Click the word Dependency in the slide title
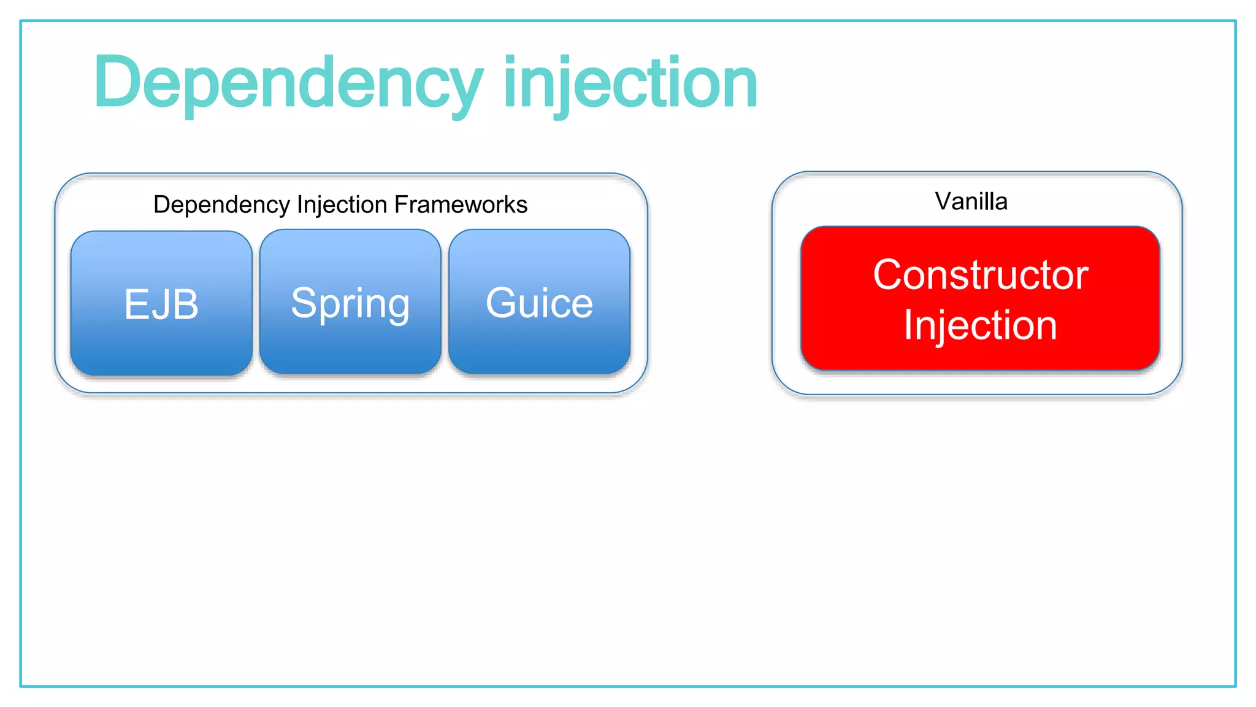pyautogui.click(x=288, y=83)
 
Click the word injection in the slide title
pyautogui.click(x=630, y=83)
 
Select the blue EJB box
pyautogui.click(x=161, y=303)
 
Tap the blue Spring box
pyautogui.click(x=350, y=302)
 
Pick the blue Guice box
pyautogui.click(x=539, y=302)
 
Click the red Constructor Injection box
pyautogui.click(x=979, y=299)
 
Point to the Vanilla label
pyautogui.click(x=971, y=201)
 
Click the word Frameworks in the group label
pyautogui.click(x=461, y=204)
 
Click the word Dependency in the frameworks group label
pyautogui.click(x=221, y=204)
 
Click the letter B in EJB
pyautogui.click(x=186, y=304)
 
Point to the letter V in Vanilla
pyautogui.click(x=943, y=201)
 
